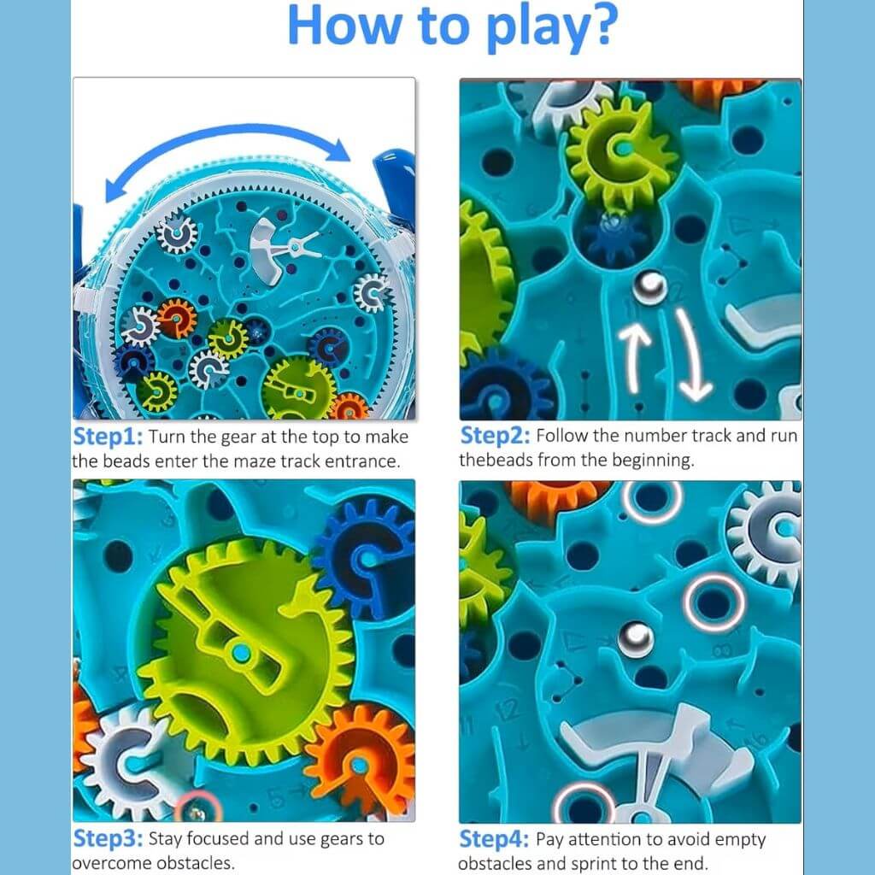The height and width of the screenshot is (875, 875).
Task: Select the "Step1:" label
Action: click(x=108, y=437)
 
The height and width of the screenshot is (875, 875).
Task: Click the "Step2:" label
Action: click(x=495, y=436)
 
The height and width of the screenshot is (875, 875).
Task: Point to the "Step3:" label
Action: click(x=108, y=838)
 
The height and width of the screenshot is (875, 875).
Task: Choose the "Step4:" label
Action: click(x=495, y=839)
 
